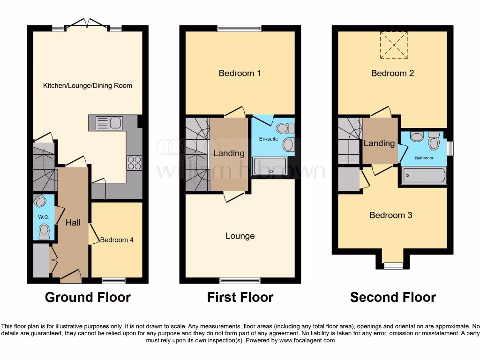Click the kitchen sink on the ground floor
pyautogui.click(x=109, y=123)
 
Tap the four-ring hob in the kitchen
pyautogui.click(x=134, y=162)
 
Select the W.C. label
pyautogui.click(x=44, y=217)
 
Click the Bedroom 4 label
pyautogui.click(x=117, y=240)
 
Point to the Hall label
pyautogui.click(x=73, y=223)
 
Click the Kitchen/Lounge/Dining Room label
pyautogui.click(x=88, y=86)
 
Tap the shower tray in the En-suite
pyautogui.click(x=270, y=166)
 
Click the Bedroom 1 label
pyautogui.click(x=240, y=73)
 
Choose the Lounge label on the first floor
pyautogui.click(x=240, y=236)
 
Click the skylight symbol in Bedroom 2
pyautogui.click(x=394, y=45)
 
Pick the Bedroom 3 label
pyautogui.click(x=391, y=215)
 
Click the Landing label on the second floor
pyautogui.click(x=379, y=143)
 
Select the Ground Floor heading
pyautogui.click(x=88, y=297)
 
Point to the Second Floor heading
pyautogui.click(x=393, y=297)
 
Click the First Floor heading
pyautogui.click(x=240, y=297)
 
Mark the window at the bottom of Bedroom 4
pyautogui.click(x=113, y=280)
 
